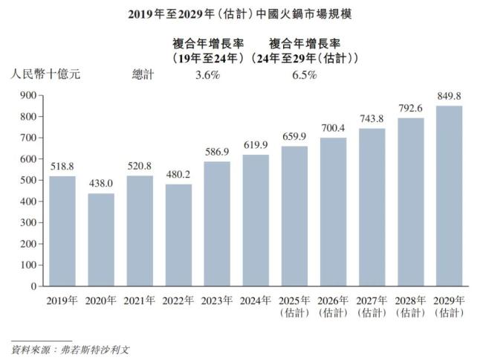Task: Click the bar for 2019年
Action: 62,231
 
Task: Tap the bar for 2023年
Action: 217,223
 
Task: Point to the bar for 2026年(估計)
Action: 333,211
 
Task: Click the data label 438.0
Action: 101,183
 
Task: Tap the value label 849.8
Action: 448,96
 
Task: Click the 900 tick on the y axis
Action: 27,95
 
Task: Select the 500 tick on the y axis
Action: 27,180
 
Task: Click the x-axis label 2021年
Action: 140,300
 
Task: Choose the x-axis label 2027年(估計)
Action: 371,306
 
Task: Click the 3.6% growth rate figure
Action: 207,74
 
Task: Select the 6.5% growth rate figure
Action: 304,74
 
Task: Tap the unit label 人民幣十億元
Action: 44,74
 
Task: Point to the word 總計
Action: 143,74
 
